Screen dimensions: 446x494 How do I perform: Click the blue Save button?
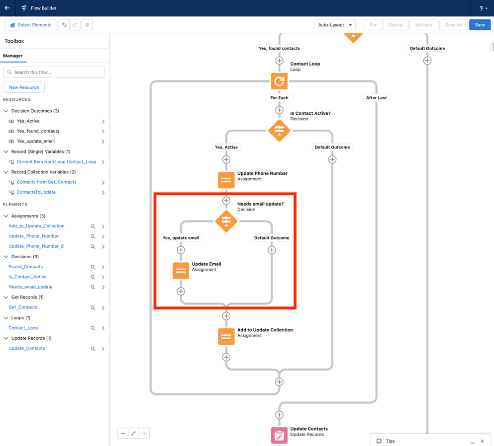(480, 25)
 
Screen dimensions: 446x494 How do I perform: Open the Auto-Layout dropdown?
(335, 25)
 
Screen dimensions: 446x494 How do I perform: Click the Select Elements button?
(31, 25)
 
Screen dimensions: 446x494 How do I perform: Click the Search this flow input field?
(55, 72)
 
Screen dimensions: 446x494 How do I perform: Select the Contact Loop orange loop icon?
(279, 81)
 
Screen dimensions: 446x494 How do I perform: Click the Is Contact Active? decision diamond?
(279, 131)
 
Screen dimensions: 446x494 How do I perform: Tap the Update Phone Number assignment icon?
(226, 180)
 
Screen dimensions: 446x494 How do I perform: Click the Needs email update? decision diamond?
(226, 221)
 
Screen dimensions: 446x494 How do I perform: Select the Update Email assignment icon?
(181, 271)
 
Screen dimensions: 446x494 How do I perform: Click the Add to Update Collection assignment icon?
(226, 336)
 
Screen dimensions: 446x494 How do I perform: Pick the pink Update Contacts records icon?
(279, 435)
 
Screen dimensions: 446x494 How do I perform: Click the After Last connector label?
(376, 98)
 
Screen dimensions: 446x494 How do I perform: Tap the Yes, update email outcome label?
(181, 238)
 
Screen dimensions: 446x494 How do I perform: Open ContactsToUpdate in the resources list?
(36, 192)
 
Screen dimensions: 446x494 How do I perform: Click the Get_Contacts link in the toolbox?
(23, 307)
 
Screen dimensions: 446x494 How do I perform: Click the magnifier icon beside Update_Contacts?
(93, 349)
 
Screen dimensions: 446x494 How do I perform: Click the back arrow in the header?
(7, 8)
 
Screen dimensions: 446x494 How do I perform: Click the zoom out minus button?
(123, 434)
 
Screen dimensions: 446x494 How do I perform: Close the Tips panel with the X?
(482, 441)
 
